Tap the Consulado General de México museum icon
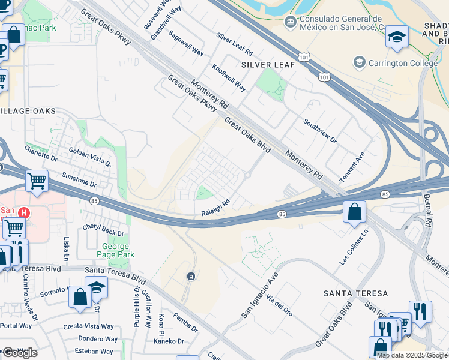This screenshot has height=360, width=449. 290,22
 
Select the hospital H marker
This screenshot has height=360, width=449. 24,212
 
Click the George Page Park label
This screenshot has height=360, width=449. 115,251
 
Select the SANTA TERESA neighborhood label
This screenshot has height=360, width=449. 355,293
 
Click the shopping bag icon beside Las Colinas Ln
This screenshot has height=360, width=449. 354,211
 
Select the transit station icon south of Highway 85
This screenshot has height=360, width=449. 190,276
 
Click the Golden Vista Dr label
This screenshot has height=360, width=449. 90,157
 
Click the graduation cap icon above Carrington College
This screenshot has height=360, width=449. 396,37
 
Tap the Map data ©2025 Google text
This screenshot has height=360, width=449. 411,355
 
